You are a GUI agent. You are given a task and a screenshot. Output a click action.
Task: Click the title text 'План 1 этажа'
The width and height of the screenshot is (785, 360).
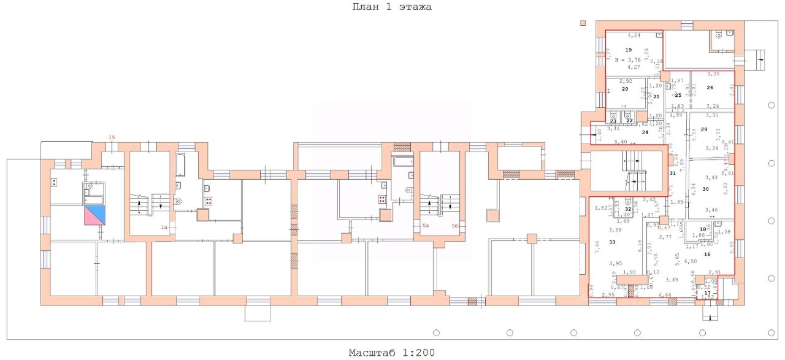pos(392,7)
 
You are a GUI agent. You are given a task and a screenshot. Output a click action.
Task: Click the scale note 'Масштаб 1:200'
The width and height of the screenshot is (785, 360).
pos(392,353)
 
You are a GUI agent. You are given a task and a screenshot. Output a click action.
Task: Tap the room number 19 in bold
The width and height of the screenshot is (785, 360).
pos(628,49)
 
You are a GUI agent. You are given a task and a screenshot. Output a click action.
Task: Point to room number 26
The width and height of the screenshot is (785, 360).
pos(710,88)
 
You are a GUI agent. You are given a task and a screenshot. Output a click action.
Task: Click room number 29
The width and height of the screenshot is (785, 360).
pos(704,129)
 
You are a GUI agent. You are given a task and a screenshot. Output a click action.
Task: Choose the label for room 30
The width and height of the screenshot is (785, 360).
pos(705,189)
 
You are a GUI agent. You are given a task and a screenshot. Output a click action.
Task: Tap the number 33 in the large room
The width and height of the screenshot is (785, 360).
pos(612,243)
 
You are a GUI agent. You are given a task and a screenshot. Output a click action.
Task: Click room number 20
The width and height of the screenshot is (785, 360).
pos(625,89)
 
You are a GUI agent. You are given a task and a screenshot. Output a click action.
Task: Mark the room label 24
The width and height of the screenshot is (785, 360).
pos(645,132)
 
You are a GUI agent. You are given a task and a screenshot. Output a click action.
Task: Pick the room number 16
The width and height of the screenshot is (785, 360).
pos(707,254)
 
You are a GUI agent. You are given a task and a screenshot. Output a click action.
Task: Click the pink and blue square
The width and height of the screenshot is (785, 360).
pos(95,215)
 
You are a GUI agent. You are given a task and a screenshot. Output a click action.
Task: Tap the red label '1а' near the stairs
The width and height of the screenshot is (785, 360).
pos(164,228)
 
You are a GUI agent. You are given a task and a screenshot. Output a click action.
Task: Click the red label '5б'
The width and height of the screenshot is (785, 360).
pos(455,226)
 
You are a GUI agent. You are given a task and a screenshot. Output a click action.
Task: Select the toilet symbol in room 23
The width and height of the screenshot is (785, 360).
pos(613,114)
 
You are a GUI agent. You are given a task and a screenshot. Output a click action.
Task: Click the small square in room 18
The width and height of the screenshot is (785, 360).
pos(717,223)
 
